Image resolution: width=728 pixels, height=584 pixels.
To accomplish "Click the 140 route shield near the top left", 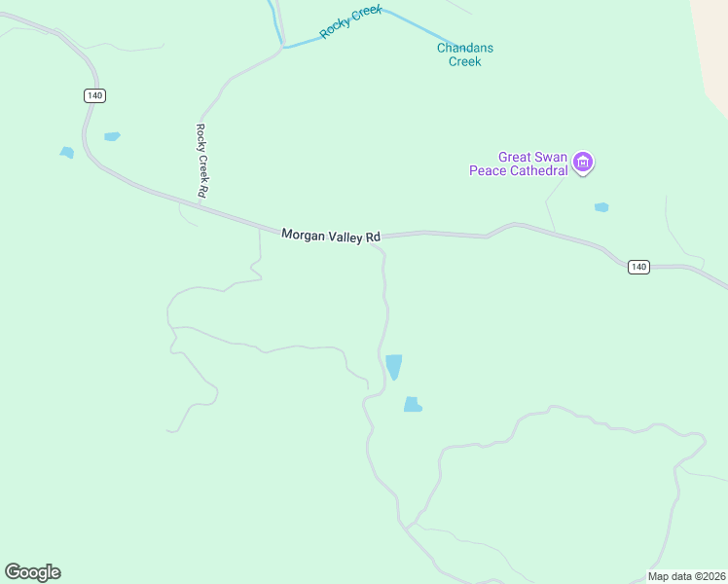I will [x=93, y=95].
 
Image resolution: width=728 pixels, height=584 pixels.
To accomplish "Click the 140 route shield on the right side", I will [x=637, y=267].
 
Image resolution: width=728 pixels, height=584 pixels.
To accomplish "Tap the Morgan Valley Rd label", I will [x=331, y=236].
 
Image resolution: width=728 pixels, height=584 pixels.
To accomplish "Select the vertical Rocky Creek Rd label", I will [x=202, y=161].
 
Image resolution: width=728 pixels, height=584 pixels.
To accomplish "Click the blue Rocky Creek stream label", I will [x=350, y=21].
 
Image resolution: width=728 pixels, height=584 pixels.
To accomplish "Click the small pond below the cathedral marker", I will [x=601, y=207].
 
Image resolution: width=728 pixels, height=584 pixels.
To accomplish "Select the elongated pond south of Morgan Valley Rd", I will [x=393, y=366].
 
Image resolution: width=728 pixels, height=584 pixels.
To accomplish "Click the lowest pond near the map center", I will [x=413, y=405].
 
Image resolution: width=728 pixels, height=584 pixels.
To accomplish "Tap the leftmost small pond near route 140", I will [x=66, y=153].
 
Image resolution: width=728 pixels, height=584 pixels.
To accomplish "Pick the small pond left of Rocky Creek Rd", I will [x=112, y=136].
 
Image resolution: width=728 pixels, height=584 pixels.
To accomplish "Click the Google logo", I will [x=32, y=572].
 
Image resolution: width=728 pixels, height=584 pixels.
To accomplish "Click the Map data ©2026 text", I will [x=686, y=576].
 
